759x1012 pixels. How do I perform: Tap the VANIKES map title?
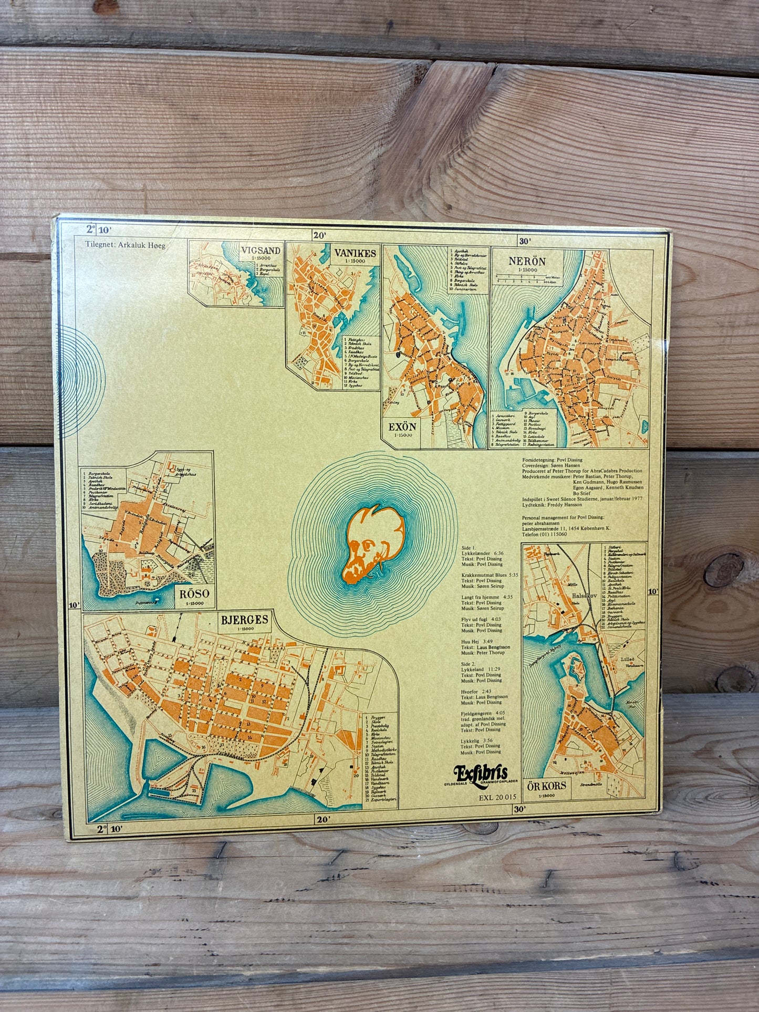355,254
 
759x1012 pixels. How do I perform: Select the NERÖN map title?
527,261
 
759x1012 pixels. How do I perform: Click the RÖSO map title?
194,593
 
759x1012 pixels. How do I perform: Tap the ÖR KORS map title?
546,785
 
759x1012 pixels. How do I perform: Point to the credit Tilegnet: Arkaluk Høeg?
125,244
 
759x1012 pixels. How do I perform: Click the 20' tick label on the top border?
319,236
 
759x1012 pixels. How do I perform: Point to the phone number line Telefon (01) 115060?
544,534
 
